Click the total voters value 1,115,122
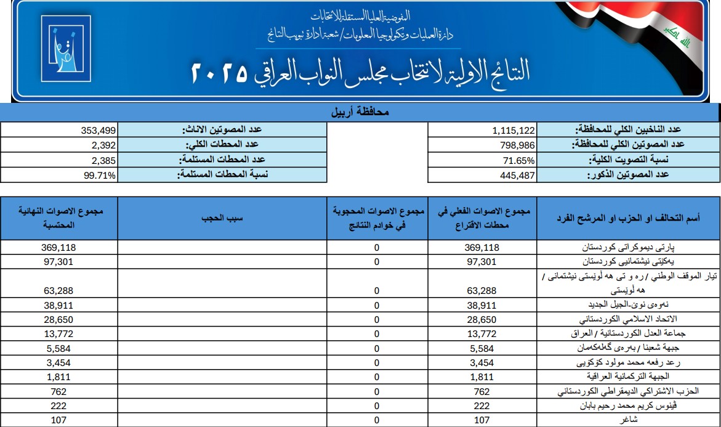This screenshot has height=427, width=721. click(x=514, y=130)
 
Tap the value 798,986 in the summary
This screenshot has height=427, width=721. click(x=517, y=145)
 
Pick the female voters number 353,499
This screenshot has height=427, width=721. click(x=98, y=130)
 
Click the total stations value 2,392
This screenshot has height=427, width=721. click(x=102, y=145)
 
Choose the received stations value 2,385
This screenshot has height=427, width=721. click(x=102, y=160)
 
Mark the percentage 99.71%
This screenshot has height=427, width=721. click(x=99, y=175)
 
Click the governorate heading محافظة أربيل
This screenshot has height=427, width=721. click(x=360, y=113)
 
